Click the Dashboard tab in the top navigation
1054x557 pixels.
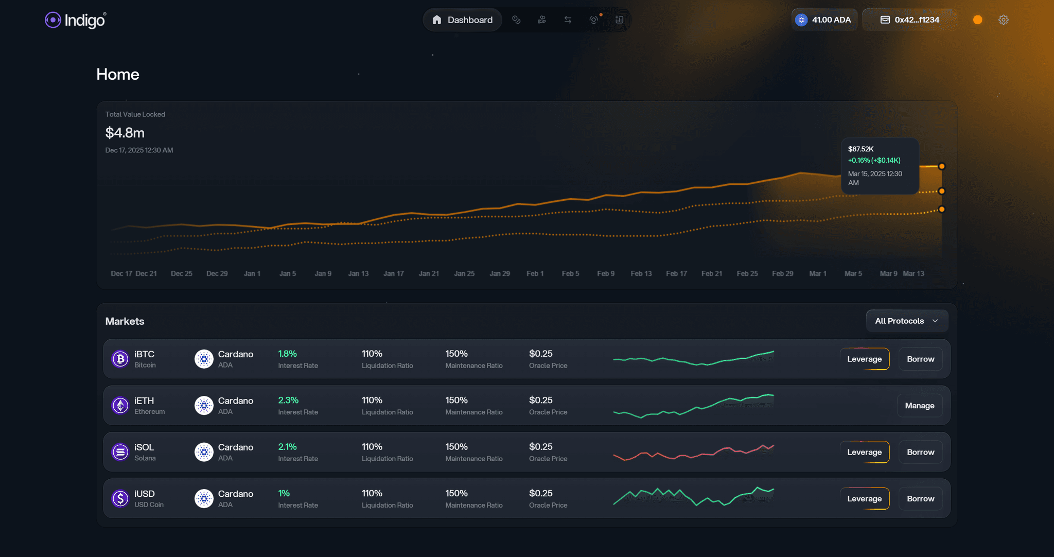click(x=462, y=20)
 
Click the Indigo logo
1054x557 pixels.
click(x=75, y=20)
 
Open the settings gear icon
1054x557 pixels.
click(x=1003, y=20)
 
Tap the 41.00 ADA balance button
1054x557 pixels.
click(x=824, y=20)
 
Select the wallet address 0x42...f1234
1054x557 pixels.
click(x=910, y=20)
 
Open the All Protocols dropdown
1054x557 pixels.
click(x=906, y=321)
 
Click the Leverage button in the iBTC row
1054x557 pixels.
click(x=864, y=359)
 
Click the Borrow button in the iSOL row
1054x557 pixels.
click(x=920, y=452)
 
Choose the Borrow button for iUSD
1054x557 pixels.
click(x=920, y=498)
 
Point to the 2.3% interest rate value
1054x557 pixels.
click(x=288, y=400)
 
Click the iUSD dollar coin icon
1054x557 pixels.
click(x=120, y=498)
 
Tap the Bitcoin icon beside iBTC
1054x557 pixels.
click(x=120, y=359)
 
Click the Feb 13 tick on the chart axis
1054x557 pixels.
click(x=641, y=273)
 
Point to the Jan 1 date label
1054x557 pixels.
click(x=252, y=273)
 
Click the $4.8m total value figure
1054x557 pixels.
click(x=125, y=133)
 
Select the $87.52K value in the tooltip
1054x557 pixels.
click(x=860, y=149)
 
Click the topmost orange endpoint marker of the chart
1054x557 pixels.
click(x=941, y=166)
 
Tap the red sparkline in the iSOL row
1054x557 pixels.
click(x=693, y=453)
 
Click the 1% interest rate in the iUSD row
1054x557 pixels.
click(x=284, y=493)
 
